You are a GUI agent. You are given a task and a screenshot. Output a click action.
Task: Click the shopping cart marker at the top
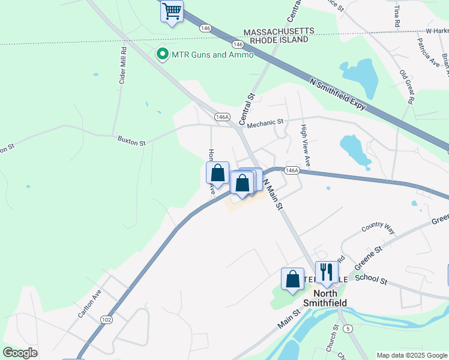coord(172,11)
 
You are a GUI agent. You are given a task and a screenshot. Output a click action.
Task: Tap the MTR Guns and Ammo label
coord(212,55)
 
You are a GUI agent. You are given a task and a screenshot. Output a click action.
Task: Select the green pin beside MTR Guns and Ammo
coord(162,55)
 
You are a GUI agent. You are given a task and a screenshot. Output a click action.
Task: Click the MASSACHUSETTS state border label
coord(278,31)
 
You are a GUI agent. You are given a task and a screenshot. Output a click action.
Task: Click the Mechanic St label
coord(265,122)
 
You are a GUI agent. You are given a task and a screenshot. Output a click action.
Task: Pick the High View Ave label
coord(305,146)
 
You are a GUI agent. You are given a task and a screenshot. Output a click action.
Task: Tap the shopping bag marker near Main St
coord(292,279)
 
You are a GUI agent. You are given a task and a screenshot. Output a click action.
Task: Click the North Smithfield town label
coord(325,298)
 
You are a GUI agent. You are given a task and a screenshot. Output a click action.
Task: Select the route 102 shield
coord(107,320)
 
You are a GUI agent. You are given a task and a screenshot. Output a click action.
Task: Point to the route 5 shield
coord(347,328)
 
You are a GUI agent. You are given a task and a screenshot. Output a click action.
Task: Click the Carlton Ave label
coord(89,304)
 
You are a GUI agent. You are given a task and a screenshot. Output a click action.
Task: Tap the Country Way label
coord(378,229)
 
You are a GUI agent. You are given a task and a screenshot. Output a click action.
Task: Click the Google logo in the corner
coord(20,353)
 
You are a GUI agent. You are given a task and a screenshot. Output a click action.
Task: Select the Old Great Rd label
coord(406,88)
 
